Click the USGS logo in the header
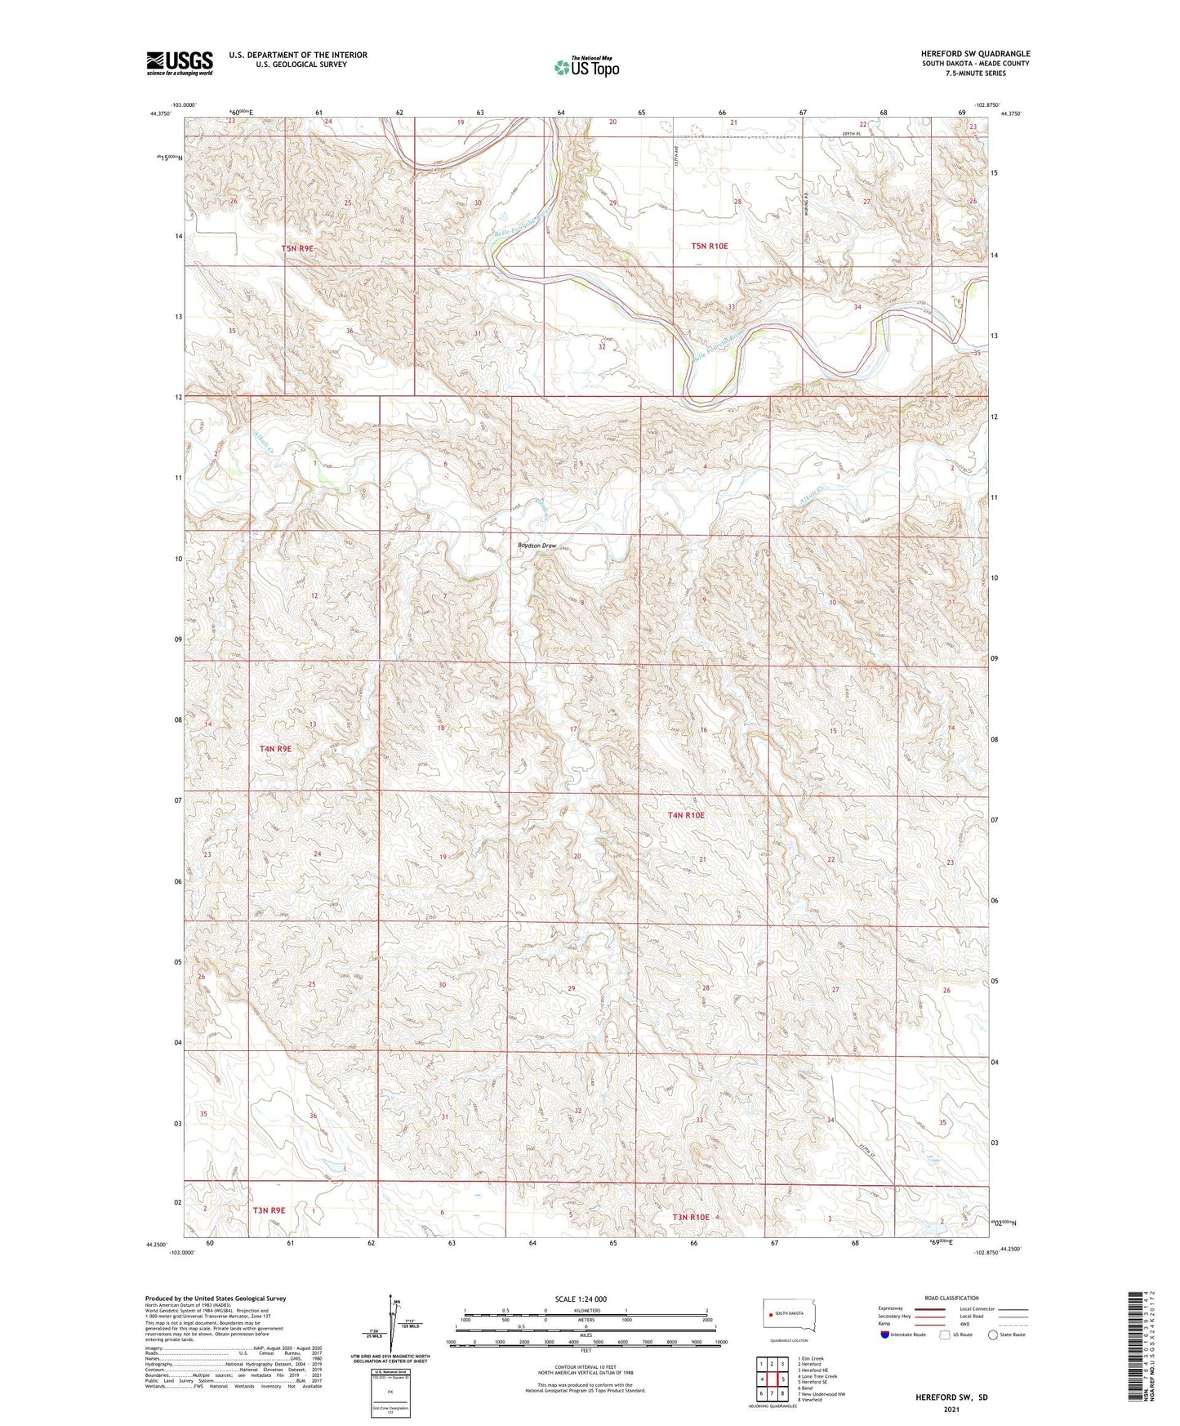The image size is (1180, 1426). point(179,63)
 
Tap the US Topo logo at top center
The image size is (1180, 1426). point(586,67)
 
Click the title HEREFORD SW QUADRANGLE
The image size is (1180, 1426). point(975,54)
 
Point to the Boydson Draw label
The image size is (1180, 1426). point(537,546)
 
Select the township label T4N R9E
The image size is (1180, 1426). point(275,748)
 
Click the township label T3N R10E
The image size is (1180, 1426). point(691,1217)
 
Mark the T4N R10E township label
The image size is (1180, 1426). point(686,815)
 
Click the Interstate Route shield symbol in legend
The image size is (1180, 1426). point(885,1335)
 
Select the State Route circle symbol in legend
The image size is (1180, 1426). point(993,1335)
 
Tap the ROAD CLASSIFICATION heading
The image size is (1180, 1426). point(951,1298)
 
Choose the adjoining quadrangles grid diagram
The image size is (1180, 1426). point(772,1375)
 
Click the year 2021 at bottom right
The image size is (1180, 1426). point(951,1409)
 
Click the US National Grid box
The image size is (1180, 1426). point(389,1388)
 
